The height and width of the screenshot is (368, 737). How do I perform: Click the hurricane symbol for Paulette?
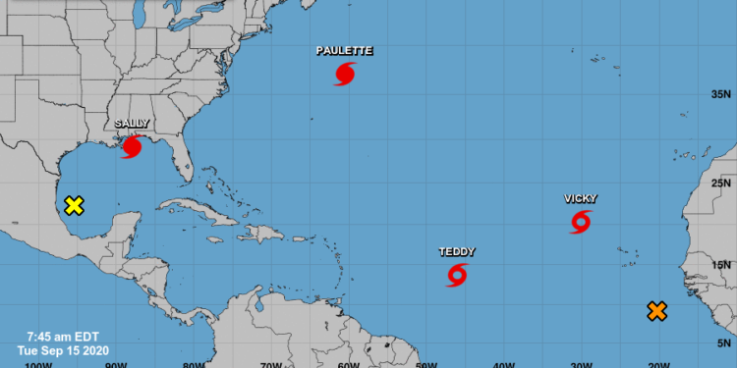click(x=344, y=74)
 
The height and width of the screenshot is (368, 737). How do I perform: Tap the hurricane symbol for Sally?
click(x=131, y=147)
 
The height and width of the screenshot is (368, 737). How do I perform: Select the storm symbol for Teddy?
click(x=457, y=275)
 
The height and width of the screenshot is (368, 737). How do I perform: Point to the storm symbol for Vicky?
click(x=581, y=222)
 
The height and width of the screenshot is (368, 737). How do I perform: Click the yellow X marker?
click(x=73, y=205)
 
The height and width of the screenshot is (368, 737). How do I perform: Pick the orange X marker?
click(x=657, y=311)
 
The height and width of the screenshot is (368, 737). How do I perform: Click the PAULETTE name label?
click(x=344, y=50)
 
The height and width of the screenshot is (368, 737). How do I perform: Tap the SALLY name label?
click(x=132, y=124)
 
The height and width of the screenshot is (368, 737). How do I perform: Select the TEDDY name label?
click(x=457, y=252)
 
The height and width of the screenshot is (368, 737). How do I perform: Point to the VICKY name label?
click(x=581, y=198)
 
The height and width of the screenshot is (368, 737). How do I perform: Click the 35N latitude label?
click(x=721, y=95)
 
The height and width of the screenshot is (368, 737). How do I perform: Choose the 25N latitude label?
click(x=721, y=183)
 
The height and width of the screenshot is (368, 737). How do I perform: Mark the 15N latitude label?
click(x=721, y=264)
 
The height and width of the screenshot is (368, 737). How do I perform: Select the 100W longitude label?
click(x=36, y=362)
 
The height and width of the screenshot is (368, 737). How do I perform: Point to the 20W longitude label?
click(x=658, y=362)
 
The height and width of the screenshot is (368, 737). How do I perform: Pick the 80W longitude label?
click(x=194, y=362)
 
